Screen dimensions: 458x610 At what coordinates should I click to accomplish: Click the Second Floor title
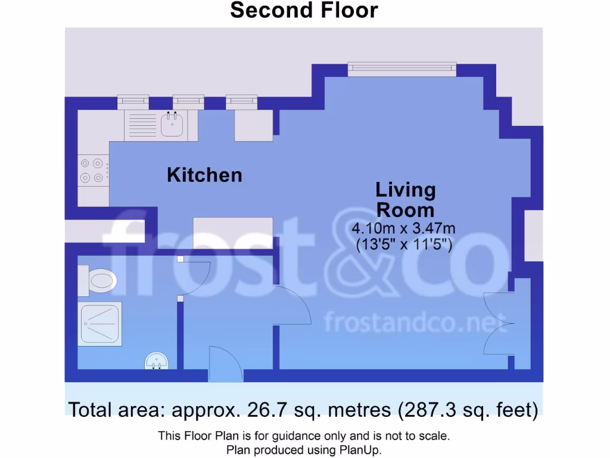coord(304,11)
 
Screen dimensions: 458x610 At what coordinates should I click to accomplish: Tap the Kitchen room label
coord(204,175)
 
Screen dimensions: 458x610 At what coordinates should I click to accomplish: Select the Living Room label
coord(405,200)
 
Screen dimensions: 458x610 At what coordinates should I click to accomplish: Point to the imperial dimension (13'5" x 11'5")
coord(404,244)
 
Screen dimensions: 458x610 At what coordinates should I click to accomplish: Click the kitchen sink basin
coord(173,125)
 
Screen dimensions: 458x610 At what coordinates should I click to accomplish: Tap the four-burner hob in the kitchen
coord(93,169)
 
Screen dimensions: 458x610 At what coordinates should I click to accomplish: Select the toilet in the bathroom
coord(99,280)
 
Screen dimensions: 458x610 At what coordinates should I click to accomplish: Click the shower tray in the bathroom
coord(101,322)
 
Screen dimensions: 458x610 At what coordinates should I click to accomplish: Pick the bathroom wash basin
coord(158,361)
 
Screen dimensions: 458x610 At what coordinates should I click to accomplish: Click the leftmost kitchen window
coord(132,102)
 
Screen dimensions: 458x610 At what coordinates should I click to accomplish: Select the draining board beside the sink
coord(141,125)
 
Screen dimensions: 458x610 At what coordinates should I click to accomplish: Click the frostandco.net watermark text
coord(411,322)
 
